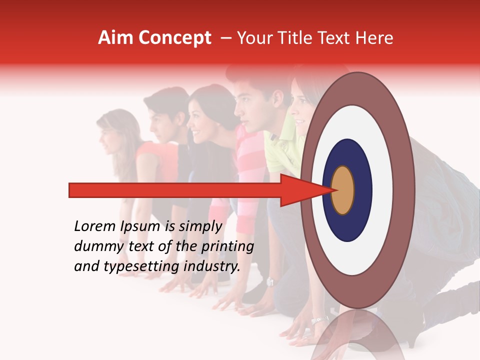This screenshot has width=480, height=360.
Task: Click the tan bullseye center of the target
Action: click(x=342, y=190)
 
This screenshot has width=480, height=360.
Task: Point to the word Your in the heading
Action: click(x=253, y=38)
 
